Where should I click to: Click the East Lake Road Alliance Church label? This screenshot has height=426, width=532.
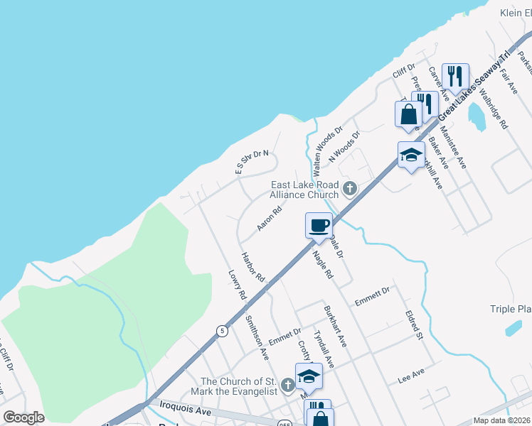pos(304,190)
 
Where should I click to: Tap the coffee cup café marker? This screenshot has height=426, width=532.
pos(319,226)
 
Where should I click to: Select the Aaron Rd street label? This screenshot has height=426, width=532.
pos(270,219)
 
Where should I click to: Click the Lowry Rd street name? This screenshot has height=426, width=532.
pos(237,284)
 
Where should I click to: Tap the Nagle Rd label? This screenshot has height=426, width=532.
pos(322,263)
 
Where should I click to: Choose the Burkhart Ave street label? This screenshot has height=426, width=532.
pos(334,326)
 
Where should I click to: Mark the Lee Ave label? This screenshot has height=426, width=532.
pos(411,375)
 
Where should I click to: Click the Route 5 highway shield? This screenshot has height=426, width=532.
pos(223,330)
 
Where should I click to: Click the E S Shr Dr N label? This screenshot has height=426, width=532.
pos(252,163)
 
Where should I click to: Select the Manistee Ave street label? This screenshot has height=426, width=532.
pos(453,147)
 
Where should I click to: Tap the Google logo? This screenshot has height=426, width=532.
pos(23,417)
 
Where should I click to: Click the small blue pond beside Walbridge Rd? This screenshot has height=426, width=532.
pos(477,117)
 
